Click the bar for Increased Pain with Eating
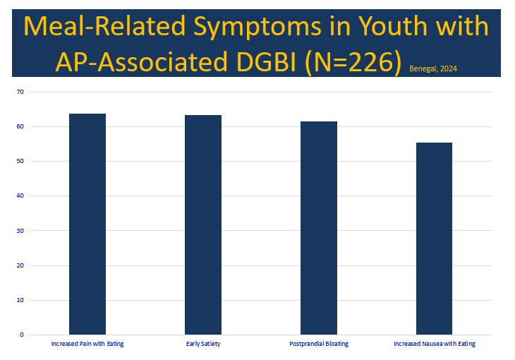(87, 224)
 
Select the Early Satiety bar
(203, 224)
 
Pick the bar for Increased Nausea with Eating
(434, 238)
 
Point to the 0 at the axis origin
(22, 335)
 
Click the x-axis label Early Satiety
(203, 344)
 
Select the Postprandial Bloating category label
(319, 344)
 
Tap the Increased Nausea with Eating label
(434, 344)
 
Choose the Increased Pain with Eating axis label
(87, 344)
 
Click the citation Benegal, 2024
(434, 68)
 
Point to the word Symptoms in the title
(241, 27)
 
